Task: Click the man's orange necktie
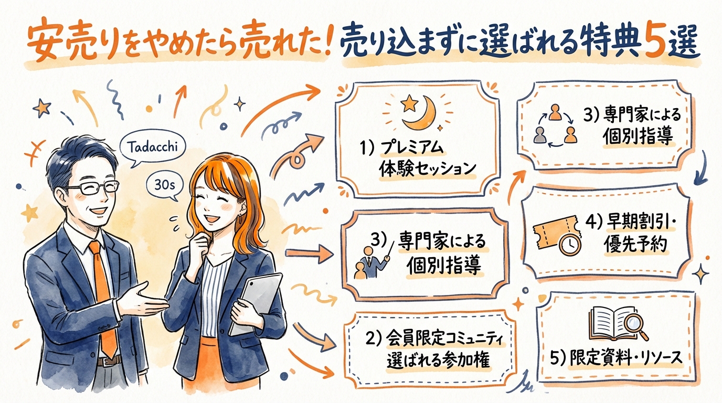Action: coord(103,294)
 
